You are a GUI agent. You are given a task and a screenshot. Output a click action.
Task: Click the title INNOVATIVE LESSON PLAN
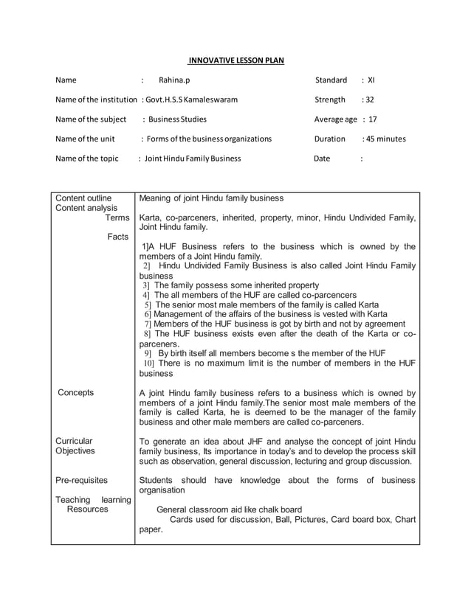click(235, 60)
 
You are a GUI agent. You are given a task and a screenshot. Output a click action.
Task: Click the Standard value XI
click(371, 80)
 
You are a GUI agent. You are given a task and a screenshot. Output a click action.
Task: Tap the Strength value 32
click(368, 100)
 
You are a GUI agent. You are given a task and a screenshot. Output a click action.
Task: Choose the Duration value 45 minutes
click(386, 139)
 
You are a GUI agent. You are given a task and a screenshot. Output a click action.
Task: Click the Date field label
click(322, 158)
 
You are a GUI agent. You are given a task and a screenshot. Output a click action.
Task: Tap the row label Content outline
click(83, 198)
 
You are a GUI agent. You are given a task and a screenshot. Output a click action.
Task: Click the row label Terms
click(117, 218)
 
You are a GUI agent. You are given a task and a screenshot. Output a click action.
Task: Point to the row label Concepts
click(75, 392)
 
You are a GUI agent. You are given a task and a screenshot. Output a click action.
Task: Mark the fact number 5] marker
click(148, 304)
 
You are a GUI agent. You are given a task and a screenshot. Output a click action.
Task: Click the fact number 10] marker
click(149, 363)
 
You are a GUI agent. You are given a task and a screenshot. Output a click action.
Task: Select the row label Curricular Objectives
click(75, 445)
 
